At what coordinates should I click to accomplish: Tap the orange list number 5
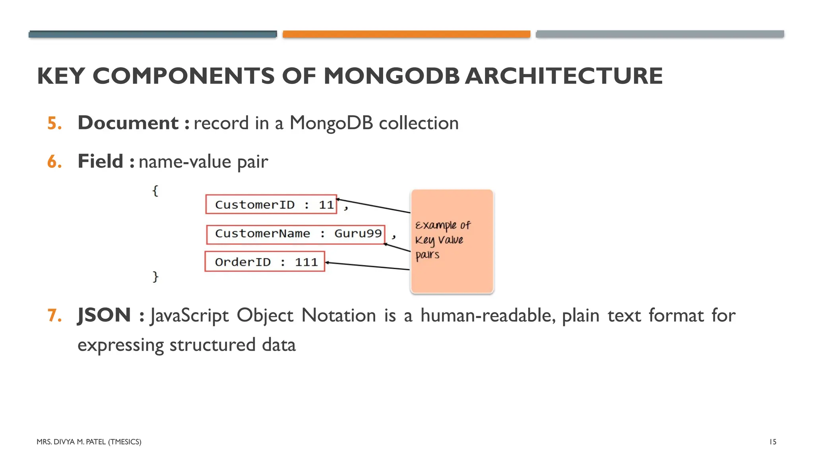tap(54, 123)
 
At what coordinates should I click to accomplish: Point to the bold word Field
tap(101, 161)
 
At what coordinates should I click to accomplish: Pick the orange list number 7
tap(54, 316)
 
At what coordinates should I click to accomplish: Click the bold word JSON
tap(104, 315)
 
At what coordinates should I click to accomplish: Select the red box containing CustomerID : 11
tap(271, 204)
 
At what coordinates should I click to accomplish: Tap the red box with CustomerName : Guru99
tap(296, 234)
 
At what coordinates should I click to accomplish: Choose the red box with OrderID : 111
tap(265, 262)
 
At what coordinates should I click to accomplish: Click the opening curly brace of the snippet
tap(155, 191)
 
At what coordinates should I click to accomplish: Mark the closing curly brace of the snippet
tap(155, 276)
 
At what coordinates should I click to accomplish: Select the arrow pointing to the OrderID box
tap(367, 266)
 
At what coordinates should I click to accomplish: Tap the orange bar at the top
tap(406, 34)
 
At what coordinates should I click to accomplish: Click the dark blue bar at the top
tap(153, 34)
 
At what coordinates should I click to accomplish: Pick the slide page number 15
tap(773, 442)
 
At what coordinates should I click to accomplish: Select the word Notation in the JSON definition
tap(339, 316)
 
